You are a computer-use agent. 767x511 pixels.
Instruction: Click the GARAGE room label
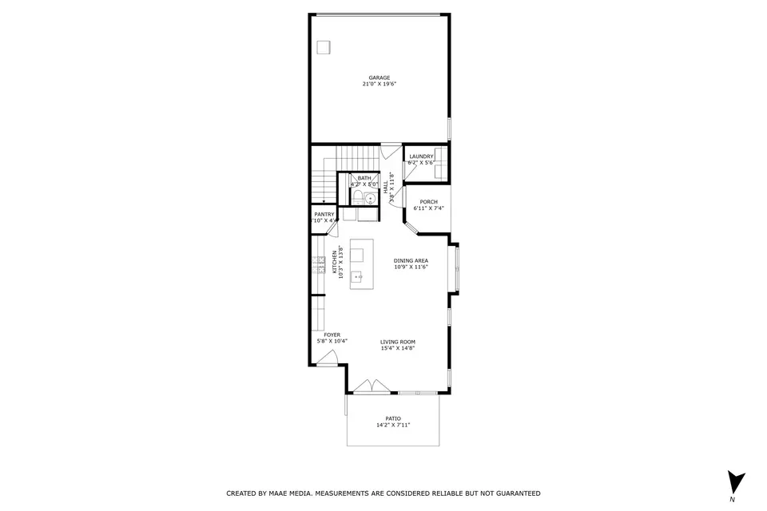pos(380,77)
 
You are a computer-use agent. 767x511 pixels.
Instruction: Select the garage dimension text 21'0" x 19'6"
pos(380,84)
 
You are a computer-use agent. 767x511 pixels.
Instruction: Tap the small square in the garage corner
pos(324,47)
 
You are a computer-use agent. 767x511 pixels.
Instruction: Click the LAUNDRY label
pos(421,156)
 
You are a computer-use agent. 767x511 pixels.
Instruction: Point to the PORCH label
pos(428,202)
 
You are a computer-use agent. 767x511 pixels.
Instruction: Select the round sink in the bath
pos(371,198)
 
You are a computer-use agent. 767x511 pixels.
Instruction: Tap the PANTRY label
pos(324,214)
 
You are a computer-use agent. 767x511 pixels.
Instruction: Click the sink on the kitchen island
pos(357,277)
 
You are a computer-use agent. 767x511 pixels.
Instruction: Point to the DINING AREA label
pos(411,261)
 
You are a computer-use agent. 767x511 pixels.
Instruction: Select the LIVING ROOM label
pos(397,342)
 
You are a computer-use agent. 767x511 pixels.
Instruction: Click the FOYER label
pos(332,335)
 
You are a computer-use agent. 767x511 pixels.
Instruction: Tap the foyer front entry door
pos(327,361)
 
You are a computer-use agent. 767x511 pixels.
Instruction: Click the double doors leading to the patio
pos(372,387)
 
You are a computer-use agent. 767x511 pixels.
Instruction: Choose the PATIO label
pos(393,418)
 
